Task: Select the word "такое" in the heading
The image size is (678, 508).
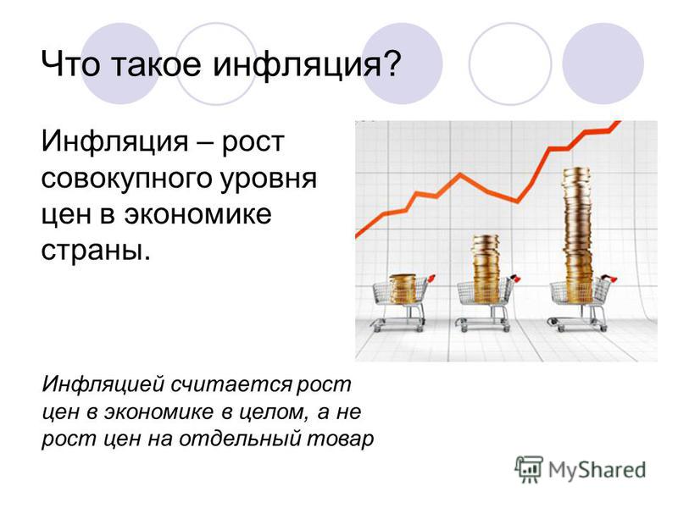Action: (157, 64)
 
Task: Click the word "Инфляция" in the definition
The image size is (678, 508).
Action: (115, 142)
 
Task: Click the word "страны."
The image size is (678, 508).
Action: (96, 250)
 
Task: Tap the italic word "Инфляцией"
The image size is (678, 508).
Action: (103, 384)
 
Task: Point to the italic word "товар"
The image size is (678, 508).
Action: (341, 439)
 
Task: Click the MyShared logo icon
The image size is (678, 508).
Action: (528, 469)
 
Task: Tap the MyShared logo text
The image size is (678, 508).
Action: (597, 470)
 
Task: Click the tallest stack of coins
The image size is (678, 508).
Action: (578, 235)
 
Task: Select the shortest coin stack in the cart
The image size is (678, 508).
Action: (403, 289)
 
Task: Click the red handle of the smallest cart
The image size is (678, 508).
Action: (431, 278)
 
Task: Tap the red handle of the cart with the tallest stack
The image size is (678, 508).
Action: (610, 278)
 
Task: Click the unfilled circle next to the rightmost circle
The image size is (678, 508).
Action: (510, 63)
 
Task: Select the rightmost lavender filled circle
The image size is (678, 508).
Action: (603, 63)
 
